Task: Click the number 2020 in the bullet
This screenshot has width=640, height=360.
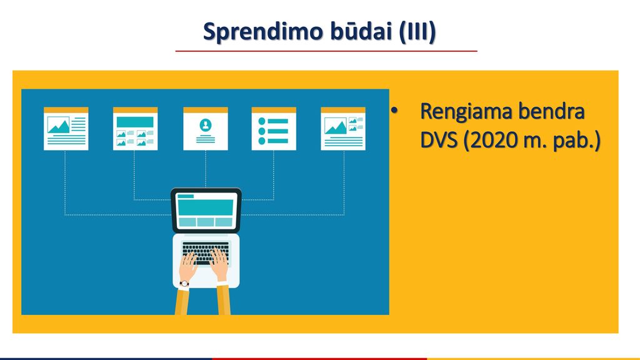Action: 496,140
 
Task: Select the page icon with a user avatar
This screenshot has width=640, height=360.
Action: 205,129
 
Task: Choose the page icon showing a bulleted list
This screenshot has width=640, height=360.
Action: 274,129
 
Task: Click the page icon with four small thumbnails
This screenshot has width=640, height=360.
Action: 135,129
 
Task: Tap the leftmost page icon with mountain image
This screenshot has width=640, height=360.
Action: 66,129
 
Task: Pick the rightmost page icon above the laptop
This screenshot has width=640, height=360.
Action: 343,129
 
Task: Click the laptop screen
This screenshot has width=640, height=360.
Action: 206,210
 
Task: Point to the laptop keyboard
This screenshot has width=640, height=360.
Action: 206,253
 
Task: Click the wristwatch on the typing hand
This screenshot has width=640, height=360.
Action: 184,284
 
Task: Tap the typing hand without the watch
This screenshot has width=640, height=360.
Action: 220,264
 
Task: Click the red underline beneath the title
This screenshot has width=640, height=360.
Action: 326,51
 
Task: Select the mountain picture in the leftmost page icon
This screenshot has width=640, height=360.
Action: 58,125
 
